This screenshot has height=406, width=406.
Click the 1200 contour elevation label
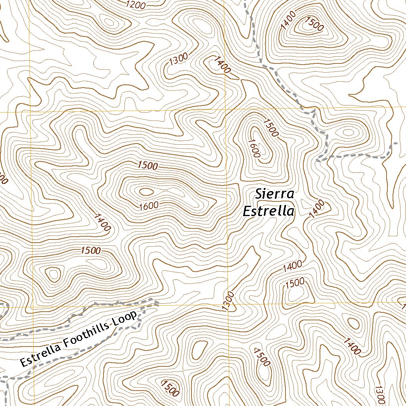[x=136, y=5]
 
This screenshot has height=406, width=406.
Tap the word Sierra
[x=274, y=194]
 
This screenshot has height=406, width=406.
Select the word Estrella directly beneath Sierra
[x=268, y=211]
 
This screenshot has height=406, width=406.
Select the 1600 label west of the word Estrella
[x=149, y=205]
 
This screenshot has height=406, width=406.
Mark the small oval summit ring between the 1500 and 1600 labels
[x=146, y=192]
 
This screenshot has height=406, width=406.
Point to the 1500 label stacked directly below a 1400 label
[x=295, y=282]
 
